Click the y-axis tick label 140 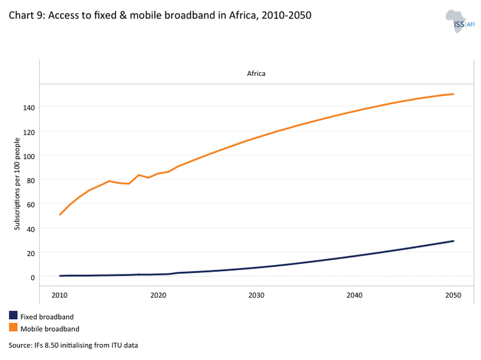(29, 107)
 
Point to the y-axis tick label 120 (29, 132)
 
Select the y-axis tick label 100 (29, 156)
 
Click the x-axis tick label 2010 (60, 295)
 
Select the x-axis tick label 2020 (158, 295)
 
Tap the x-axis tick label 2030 (256, 295)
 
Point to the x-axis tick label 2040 (355, 295)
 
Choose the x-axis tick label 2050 (453, 295)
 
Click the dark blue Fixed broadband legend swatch (13, 316)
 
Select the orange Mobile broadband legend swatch (13, 328)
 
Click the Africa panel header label (256, 73)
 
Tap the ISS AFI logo (459, 21)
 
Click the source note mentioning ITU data (73, 345)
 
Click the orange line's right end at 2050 (453, 94)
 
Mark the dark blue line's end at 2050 (453, 241)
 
